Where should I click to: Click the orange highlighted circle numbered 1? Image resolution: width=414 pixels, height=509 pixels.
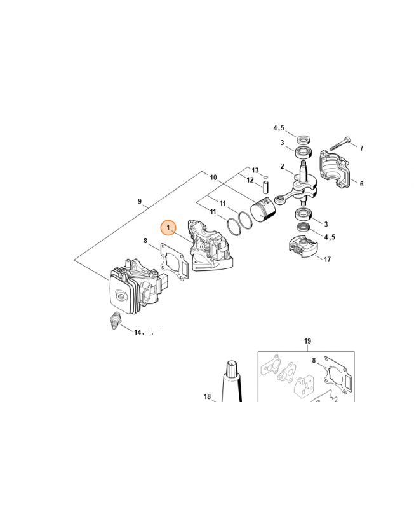tap(168, 228)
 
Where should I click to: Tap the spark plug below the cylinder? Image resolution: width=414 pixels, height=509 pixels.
tap(116, 320)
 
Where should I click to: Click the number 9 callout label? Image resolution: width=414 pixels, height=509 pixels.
tap(140, 201)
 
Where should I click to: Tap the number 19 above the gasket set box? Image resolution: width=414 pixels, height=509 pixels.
tap(307, 341)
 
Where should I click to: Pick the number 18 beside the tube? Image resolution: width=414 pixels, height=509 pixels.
tap(208, 396)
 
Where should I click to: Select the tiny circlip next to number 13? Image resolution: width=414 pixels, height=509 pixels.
tap(265, 177)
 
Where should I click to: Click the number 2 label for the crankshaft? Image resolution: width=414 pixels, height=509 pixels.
tap(282, 166)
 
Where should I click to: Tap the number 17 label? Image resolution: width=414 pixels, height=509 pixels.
tap(327, 259)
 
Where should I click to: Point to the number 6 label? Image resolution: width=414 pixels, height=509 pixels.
tap(361, 184)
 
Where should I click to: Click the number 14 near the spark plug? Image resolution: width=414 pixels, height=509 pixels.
tap(138, 332)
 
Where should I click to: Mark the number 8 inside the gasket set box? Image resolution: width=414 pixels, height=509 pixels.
tap(314, 360)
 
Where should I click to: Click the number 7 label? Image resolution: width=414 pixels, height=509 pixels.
tap(361, 148)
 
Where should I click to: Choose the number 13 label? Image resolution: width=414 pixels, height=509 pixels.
tap(255, 170)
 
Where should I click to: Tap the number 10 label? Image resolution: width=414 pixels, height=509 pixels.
tap(213, 178)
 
